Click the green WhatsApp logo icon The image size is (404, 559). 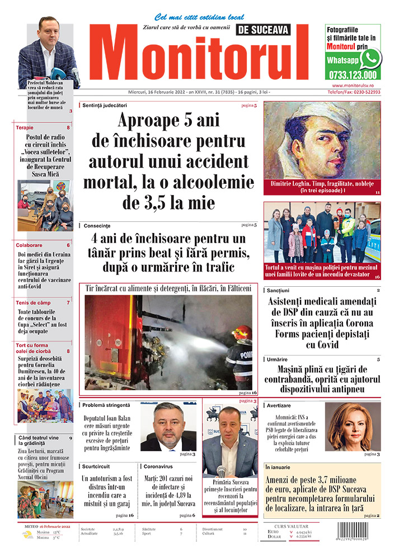pyautogui.click(x=370, y=58)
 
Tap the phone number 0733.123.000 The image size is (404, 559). pyautogui.click(x=353, y=75)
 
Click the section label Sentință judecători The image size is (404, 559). pyautogui.click(x=105, y=105)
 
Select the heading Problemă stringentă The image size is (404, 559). pyautogui.click(x=106, y=405)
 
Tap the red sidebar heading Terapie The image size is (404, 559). pyautogui.click(x=25, y=127)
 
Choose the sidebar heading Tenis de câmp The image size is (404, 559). pyautogui.click(x=35, y=302)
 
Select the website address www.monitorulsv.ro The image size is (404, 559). pyautogui.click(x=353, y=85)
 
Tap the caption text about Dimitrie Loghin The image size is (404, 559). pyautogui.click(x=321, y=187)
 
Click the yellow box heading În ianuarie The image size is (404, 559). pyautogui.click(x=278, y=467)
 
